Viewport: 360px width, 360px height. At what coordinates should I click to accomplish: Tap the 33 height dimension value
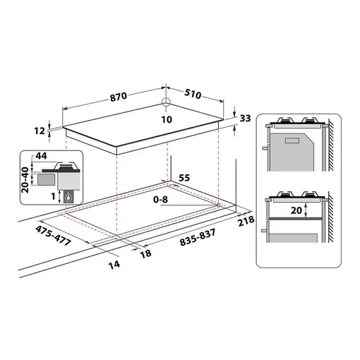(245, 119)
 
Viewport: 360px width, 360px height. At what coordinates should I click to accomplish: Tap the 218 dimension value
(246, 222)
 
